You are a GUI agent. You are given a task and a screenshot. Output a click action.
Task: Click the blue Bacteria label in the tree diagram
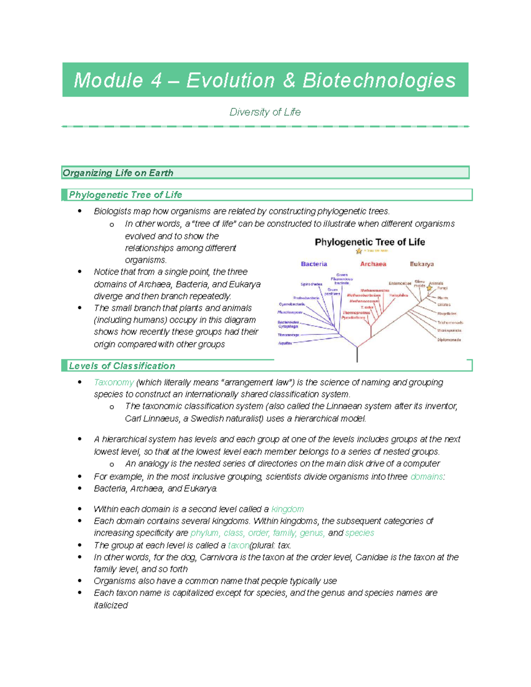[x=314, y=264]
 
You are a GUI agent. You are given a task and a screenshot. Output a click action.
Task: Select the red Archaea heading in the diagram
[x=373, y=264]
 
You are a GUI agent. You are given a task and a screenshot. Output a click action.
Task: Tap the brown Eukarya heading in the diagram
[x=422, y=264]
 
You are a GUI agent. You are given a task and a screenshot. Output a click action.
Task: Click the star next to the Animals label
[x=429, y=288]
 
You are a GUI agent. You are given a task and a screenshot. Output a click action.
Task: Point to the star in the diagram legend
[x=359, y=251]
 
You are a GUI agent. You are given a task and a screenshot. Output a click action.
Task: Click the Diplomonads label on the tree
[x=449, y=340]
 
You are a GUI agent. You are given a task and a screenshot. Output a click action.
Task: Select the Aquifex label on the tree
[x=285, y=343]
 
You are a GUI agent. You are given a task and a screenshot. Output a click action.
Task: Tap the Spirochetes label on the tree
[x=311, y=284]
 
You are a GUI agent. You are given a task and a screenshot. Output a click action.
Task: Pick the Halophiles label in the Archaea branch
[x=399, y=295]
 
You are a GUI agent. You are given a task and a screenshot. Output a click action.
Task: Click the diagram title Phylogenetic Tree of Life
[x=369, y=242]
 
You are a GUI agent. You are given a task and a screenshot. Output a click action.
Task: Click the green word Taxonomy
[x=114, y=382]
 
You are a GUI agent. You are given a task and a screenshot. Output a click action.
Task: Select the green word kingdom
[x=287, y=509]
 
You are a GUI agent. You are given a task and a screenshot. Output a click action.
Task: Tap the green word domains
[x=427, y=477]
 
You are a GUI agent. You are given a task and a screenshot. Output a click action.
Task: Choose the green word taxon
[x=239, y=545]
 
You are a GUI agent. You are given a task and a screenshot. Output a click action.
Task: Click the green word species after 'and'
[x=359, y=533]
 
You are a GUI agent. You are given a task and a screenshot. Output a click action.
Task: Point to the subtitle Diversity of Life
[x=265, y=112]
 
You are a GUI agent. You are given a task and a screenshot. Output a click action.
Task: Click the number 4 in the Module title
[x=156, y=81]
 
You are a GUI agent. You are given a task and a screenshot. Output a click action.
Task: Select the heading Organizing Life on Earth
[x=118, y=173]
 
